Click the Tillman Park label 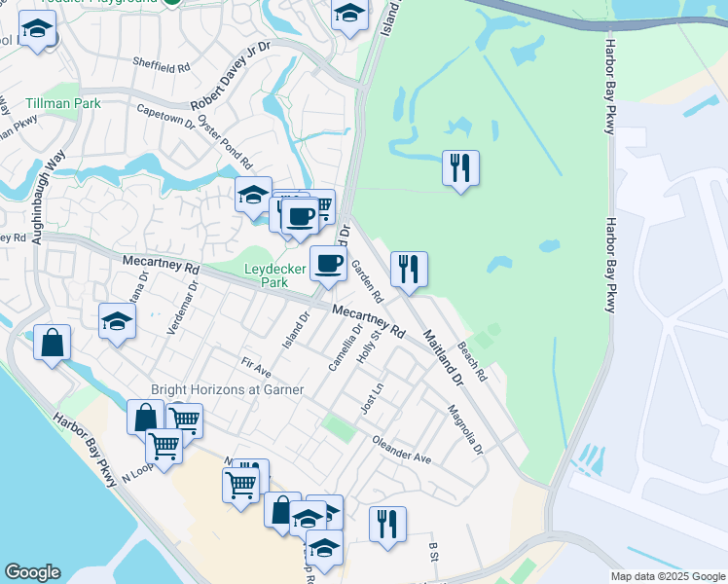click(63, 102)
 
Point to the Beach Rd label click(471, 360)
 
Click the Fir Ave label click(257, 369)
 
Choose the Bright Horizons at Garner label click(227, 389)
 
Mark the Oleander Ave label click(401, 449)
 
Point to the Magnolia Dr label click(465, 429)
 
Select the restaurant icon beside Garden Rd click(409, 269)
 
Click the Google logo click(32, 572)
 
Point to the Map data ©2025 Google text click(668, 576)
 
